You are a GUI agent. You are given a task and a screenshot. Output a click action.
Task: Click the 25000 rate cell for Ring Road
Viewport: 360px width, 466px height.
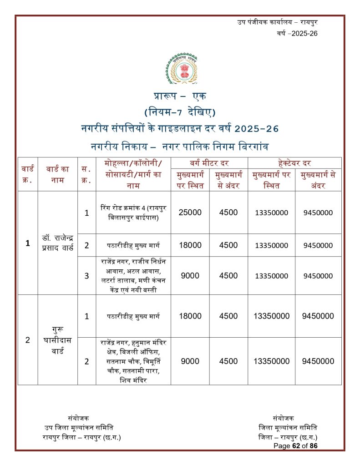[190, 213]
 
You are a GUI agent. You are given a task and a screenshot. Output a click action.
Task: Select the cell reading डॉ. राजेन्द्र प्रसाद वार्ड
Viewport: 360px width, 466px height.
[57, 243]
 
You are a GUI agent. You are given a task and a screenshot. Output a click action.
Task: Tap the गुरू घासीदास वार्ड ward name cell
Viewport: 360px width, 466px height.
[57, 340]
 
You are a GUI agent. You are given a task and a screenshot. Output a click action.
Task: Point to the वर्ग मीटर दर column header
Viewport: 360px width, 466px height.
[209, 163]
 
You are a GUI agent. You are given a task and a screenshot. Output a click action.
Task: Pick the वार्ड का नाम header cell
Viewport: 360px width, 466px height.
[57, 174]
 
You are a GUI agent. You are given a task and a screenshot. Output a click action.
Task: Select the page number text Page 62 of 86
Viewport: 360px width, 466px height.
[295, 446]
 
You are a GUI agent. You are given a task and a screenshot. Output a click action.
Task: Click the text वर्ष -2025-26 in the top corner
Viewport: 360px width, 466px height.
[297, 34]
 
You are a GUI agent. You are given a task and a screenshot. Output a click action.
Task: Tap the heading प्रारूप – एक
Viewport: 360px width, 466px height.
[179, 96]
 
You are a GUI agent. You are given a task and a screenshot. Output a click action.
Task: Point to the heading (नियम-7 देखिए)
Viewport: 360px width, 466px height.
[179, 112]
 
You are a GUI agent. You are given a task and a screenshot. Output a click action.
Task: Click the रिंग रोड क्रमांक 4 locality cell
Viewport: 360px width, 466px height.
[133, 213]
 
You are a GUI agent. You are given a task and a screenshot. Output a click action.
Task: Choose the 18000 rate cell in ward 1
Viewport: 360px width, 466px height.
[190, 245]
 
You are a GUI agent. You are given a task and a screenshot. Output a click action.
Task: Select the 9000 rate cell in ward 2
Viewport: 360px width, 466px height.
[190, 361]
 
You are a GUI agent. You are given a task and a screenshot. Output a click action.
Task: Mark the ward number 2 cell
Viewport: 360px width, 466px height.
[28, 340]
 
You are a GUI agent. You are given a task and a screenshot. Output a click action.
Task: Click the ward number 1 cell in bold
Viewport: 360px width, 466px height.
[28, 243]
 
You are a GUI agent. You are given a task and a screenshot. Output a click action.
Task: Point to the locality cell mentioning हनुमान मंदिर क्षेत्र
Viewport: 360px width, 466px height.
[133, 361]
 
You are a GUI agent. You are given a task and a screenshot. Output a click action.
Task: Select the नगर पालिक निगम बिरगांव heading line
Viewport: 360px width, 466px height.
[179, 147]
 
